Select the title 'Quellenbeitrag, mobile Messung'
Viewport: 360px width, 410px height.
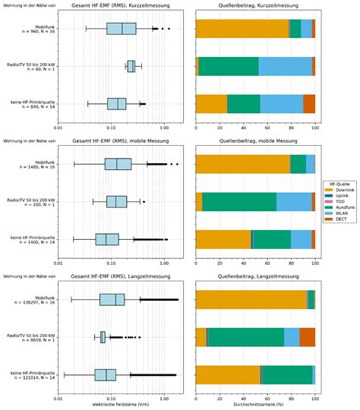255,141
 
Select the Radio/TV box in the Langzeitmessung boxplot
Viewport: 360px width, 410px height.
103,336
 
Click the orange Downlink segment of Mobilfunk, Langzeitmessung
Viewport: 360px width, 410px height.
251,299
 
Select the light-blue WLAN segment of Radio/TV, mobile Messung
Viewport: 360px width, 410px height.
294,201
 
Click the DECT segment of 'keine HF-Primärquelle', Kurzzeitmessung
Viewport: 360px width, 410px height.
309,103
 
